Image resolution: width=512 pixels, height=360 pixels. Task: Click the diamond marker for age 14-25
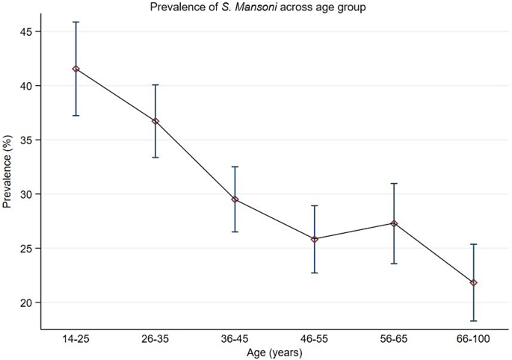[75, 69]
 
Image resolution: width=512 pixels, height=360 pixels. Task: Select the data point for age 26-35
[155, 121]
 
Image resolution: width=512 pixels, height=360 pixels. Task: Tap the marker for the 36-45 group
[235, 199]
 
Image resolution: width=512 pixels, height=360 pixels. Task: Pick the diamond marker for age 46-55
[315, 239]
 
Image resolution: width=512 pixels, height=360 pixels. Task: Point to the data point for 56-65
[394, 223]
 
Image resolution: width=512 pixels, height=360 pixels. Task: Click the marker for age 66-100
[474, 282]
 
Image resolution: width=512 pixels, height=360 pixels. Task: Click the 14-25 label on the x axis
[75, 339]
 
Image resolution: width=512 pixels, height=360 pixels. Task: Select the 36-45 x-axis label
[235, 339]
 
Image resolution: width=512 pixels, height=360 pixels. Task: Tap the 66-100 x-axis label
[474, 339]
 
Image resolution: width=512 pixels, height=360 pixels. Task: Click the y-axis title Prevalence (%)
[8, 176]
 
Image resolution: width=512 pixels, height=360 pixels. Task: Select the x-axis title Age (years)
[274, 352]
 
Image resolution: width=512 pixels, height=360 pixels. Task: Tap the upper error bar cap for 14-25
[75, 22]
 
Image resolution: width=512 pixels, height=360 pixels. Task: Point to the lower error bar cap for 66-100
[474, 321]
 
